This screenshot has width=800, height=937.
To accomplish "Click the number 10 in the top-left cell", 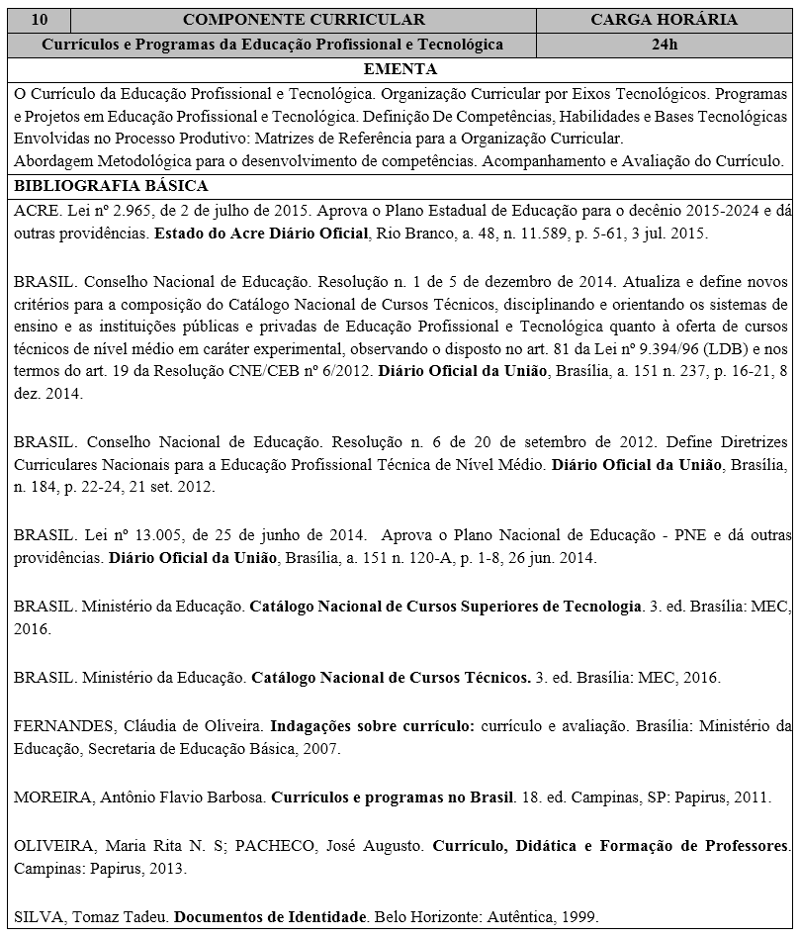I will click(38, 20).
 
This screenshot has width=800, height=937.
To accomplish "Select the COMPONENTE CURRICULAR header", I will click(305, 20).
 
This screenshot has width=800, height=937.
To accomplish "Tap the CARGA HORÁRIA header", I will click(664, 20).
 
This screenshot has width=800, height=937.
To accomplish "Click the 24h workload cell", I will click(665, 45).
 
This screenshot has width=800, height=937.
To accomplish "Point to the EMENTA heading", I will click(400, 69).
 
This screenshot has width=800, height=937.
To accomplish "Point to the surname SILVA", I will click(39, 917).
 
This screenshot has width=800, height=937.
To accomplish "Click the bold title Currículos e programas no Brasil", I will click(393, 796).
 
